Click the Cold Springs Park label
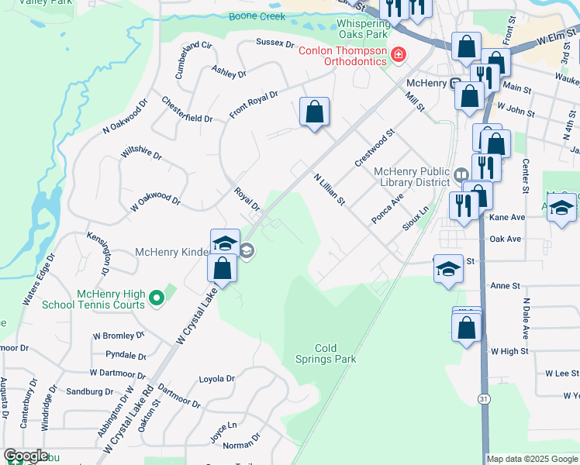pos(325,353)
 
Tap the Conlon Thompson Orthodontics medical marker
pos(399,54)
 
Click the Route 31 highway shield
pos(482,398)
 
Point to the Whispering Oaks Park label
pos(362,29)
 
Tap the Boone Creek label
pos(251,17)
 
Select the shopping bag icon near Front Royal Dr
pos(314,112)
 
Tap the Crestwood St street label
pos(375,147)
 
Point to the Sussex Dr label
pos(277,43)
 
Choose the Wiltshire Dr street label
pos(141,166)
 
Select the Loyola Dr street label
pos(216,379)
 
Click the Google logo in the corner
pos(26,456)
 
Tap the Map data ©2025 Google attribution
pos(532,459)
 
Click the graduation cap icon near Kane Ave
pos(561,207)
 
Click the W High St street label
pos(509,351)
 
